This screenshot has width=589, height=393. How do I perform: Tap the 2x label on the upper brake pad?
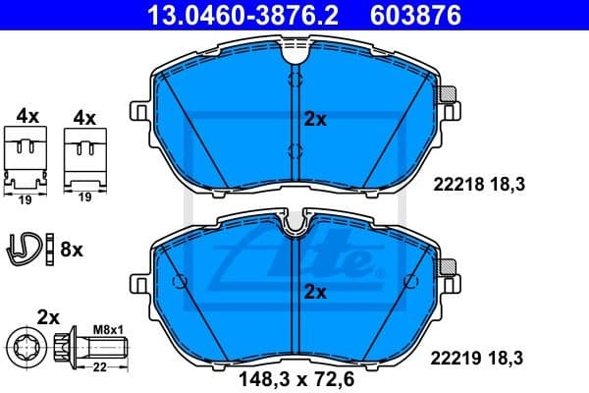[314, 120]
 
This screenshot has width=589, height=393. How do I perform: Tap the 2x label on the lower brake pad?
[314, 292]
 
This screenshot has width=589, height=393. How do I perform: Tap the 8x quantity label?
[72, 250]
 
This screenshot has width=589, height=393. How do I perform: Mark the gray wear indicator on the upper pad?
[448, 95]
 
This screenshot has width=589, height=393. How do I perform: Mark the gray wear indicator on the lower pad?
[448, 265]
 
